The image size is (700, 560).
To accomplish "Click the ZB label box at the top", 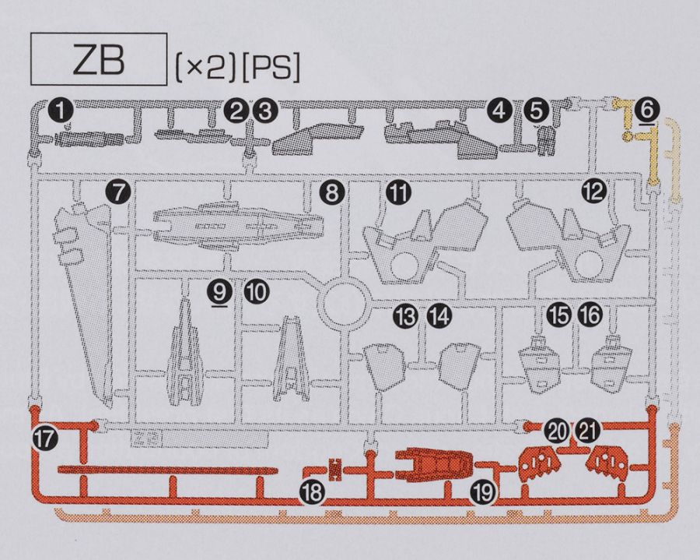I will point(97,59).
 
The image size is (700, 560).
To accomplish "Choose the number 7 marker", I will point(117,192).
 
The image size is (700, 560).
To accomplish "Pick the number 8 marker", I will point(333,192).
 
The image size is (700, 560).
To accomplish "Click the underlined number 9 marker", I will point(221,291).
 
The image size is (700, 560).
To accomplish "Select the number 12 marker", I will point(595,192).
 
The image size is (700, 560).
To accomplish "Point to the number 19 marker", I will point(481,492).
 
